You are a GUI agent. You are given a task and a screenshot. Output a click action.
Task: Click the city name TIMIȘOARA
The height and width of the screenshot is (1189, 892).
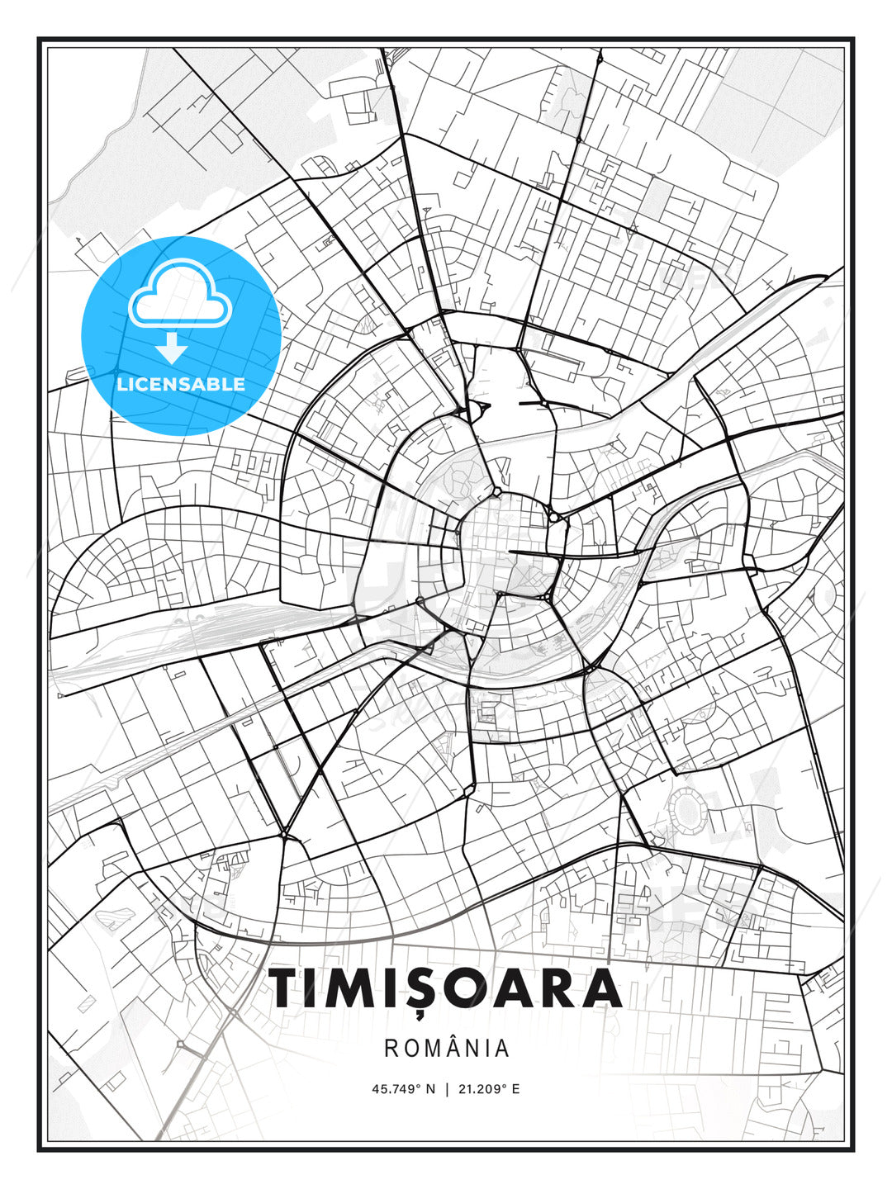click(446, 988)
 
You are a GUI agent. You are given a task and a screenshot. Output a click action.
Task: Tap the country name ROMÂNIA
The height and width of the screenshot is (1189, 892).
click(446, 1049)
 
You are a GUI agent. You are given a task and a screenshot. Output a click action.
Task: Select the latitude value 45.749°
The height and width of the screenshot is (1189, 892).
click(396, 1089)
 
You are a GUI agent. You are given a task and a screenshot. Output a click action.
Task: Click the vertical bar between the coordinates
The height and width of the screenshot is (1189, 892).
click(447, 1089)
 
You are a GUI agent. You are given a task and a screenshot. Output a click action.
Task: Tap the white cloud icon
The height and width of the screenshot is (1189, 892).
click(178, 294)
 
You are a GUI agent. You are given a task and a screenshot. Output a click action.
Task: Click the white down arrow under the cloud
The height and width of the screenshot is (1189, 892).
click(172, 348)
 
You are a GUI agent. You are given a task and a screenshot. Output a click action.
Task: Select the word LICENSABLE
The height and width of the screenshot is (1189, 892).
click(181, 384)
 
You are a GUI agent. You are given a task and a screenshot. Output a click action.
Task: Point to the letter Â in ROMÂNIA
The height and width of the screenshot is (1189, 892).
click(458, 1048)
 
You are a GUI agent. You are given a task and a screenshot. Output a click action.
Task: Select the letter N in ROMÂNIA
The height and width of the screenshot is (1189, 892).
click(477, 1049)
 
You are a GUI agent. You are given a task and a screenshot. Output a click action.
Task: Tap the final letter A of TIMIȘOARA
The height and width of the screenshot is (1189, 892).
click(602, 988)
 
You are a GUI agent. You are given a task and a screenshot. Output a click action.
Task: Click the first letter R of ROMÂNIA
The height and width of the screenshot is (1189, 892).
click(391, 1049)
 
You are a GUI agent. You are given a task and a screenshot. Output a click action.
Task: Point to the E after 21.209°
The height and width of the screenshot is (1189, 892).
click(515, 1089)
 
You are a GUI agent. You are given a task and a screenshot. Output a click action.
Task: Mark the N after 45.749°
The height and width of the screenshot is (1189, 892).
click(430, 1089)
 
